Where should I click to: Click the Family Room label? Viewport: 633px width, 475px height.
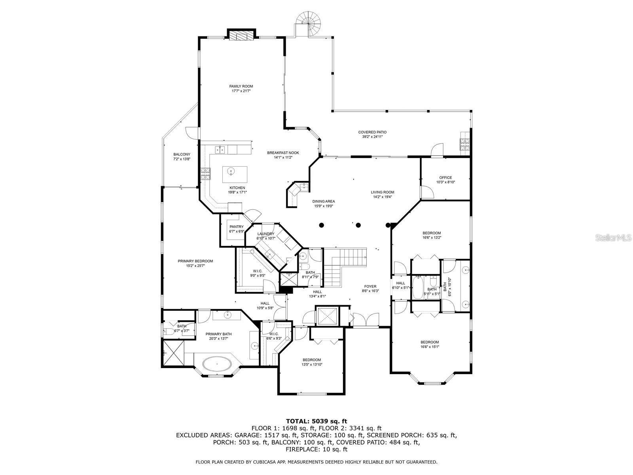pos(241,86)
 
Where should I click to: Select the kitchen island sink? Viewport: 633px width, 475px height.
pos(231,172)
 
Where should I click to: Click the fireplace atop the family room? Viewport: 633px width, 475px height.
pos(241,34)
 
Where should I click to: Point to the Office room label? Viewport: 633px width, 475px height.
pos(445,178)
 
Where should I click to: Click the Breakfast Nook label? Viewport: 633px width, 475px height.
pos(283,153)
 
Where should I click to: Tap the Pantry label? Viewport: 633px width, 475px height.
pos(237,227)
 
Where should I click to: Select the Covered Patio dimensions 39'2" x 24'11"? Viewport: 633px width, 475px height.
pos(372,137)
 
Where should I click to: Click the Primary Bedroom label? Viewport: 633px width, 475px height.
pos(195,261)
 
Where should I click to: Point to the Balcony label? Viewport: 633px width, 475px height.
pos(182,155)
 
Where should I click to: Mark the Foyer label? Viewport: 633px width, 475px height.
pos(370,286)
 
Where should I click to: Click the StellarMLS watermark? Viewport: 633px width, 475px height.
pos(612,238)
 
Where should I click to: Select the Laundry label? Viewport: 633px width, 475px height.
pos(265,234)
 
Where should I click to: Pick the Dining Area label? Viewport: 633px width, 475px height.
pos(324,201)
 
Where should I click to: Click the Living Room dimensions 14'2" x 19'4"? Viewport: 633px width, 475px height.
pos(383,197)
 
